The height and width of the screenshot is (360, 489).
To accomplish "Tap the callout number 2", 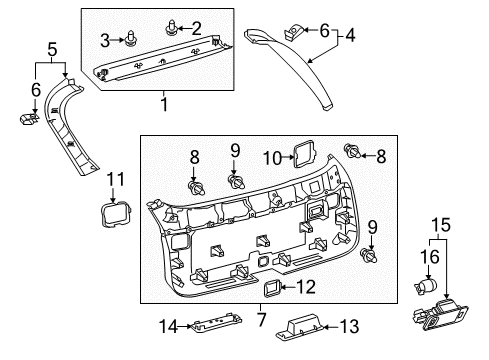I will pos(195,27).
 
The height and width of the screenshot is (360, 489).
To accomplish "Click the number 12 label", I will pos(306,288).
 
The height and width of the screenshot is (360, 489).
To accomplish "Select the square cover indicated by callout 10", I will pos(300,153).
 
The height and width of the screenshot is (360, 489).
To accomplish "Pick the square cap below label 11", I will pos(114,215).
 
